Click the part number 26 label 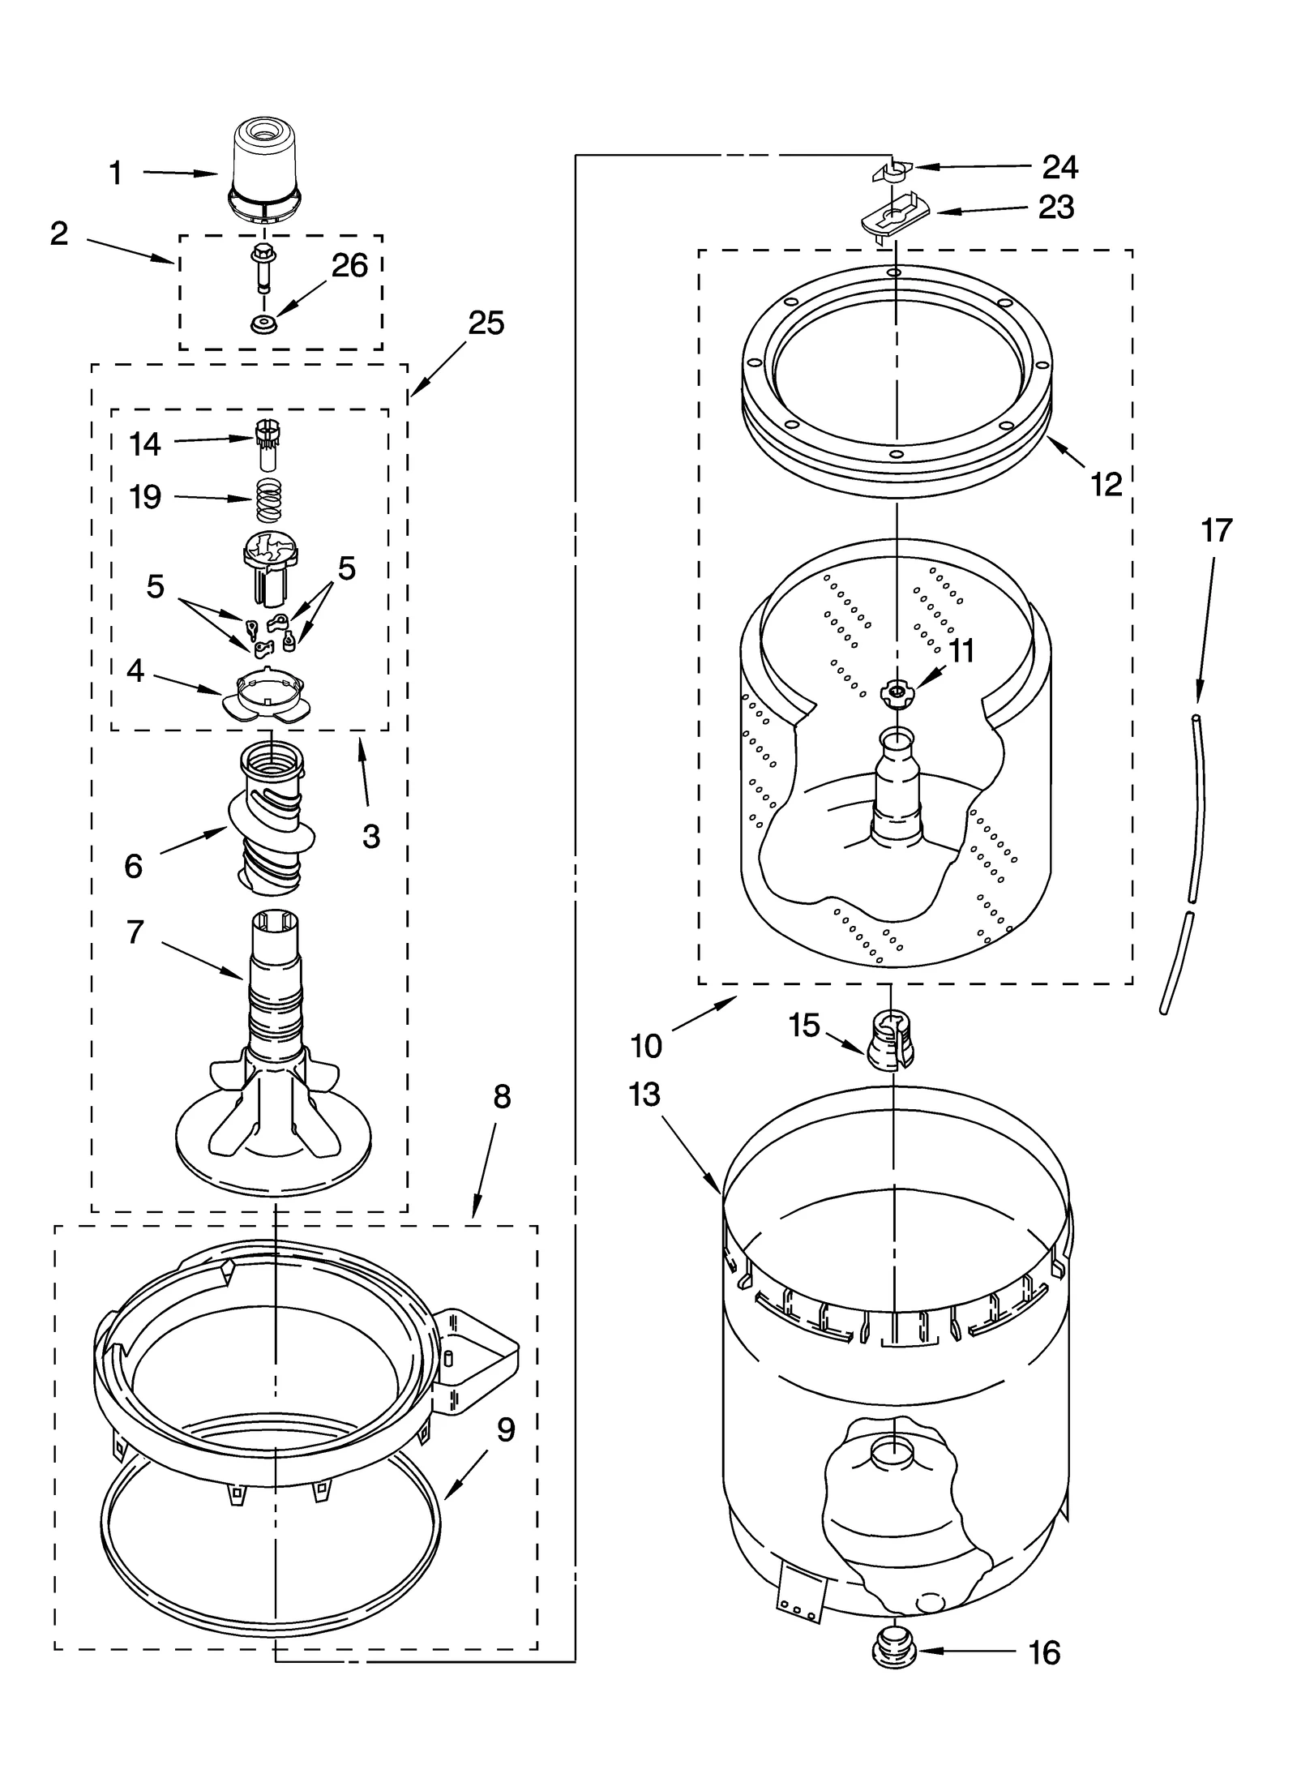click(x=349, y=266)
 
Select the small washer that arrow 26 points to click(x=263, y=324)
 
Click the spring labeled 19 click(x=268, y=501)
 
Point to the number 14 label click(x=145, y=444)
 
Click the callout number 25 click(x=486, y=323)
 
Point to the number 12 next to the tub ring click(x=1106, y=485)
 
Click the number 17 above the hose click(x=1216, y=530)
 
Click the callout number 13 click(x=645, y=1095)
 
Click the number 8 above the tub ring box click(x=502, y=1097)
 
